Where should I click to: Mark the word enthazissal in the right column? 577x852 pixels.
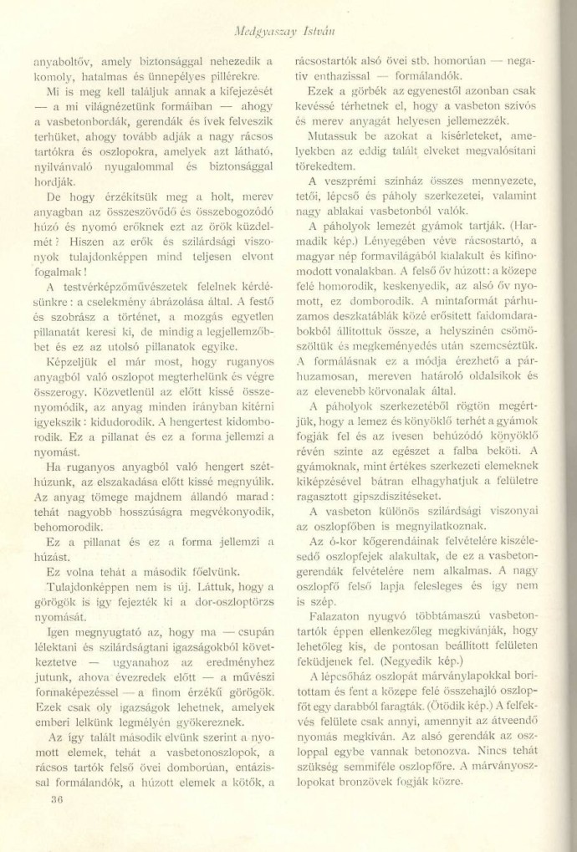(340, 77)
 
